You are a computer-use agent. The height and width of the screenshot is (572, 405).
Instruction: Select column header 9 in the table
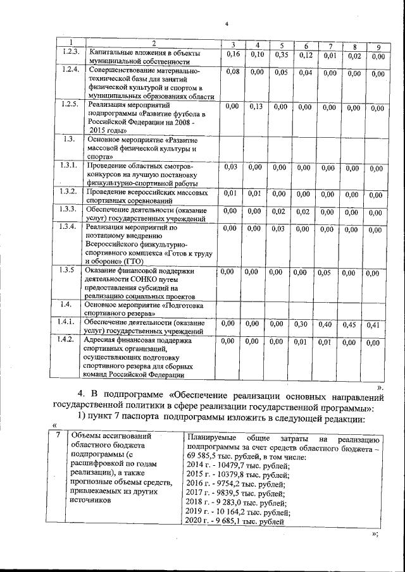coord(378,47)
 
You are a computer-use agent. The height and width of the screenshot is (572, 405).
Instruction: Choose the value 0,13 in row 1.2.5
coord(257,107)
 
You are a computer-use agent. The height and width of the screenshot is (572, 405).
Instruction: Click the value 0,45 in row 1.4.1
coord(349,325)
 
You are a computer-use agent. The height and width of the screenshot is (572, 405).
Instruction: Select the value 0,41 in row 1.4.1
coord(376,326)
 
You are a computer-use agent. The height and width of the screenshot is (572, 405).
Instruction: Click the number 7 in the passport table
coord(58,435)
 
